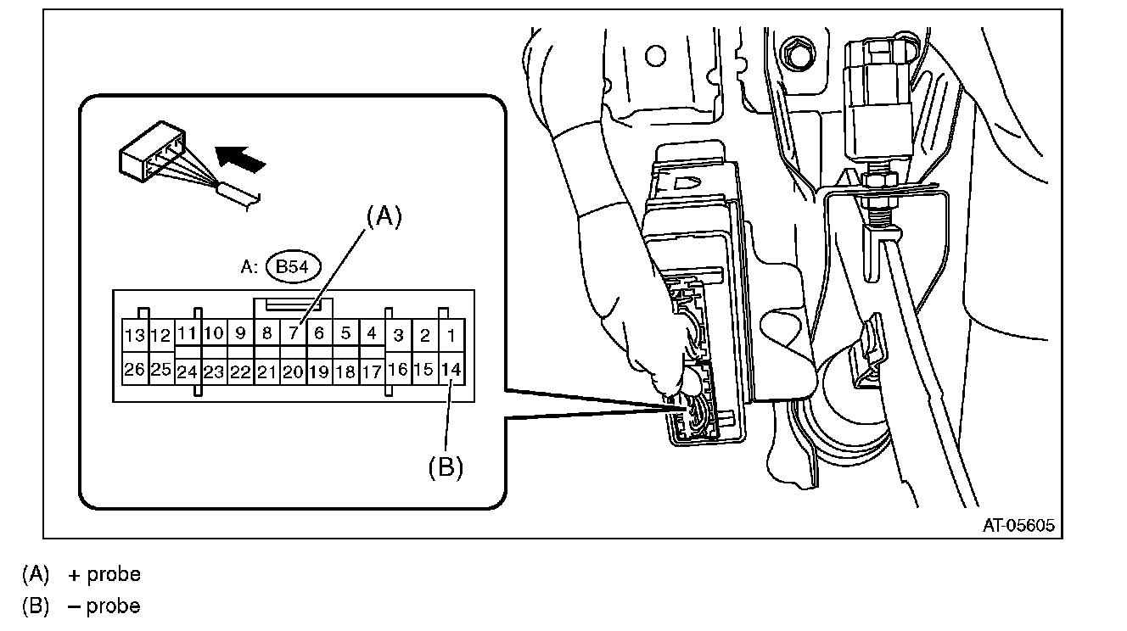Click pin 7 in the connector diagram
tap(293, 333)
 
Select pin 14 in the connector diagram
tap(452, 370)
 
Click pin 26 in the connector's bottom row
tap(135, 370)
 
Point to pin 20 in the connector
tap(293, 371)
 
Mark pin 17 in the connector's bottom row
tap(372, 371)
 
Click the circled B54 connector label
tap(292, 267)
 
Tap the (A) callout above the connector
tap(382, 217)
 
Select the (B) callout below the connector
tap(446, 467)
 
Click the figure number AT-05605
tap(1018, 526)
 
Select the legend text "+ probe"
tap(104, 574)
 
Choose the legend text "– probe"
tap(104, 606)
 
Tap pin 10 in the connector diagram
tap(214, 333)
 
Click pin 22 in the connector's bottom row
tap(240, 371)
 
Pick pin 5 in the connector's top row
tap(345, 333)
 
